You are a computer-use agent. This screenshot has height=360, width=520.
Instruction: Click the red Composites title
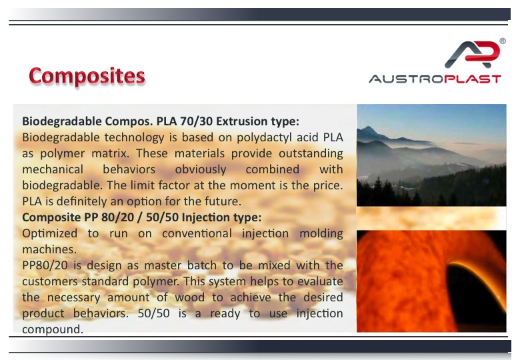(x=87, y=76)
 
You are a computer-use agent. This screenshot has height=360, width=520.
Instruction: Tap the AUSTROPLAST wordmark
(x=435, y=79)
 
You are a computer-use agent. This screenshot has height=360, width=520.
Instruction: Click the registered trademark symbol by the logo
(x=503, y=41)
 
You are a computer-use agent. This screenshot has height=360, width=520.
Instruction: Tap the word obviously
(x=201, y=170)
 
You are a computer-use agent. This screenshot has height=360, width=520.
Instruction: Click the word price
(x=328, y=185)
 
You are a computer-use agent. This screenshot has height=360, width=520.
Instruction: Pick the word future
(x=223, y=201)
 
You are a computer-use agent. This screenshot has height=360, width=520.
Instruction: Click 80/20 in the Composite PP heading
(x=118, y=217)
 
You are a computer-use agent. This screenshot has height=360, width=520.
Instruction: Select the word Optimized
(x=50, y=234)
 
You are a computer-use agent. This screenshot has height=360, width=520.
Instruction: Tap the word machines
(x=49, y=249)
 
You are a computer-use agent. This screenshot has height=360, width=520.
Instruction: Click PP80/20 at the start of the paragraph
(x=45, y=265)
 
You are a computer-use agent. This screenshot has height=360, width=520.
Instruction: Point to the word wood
(x=190, y=297)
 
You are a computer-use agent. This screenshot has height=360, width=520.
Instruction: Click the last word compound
(x=53, y=329)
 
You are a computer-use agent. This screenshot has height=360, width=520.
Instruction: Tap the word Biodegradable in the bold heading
(x=62, y=121)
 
